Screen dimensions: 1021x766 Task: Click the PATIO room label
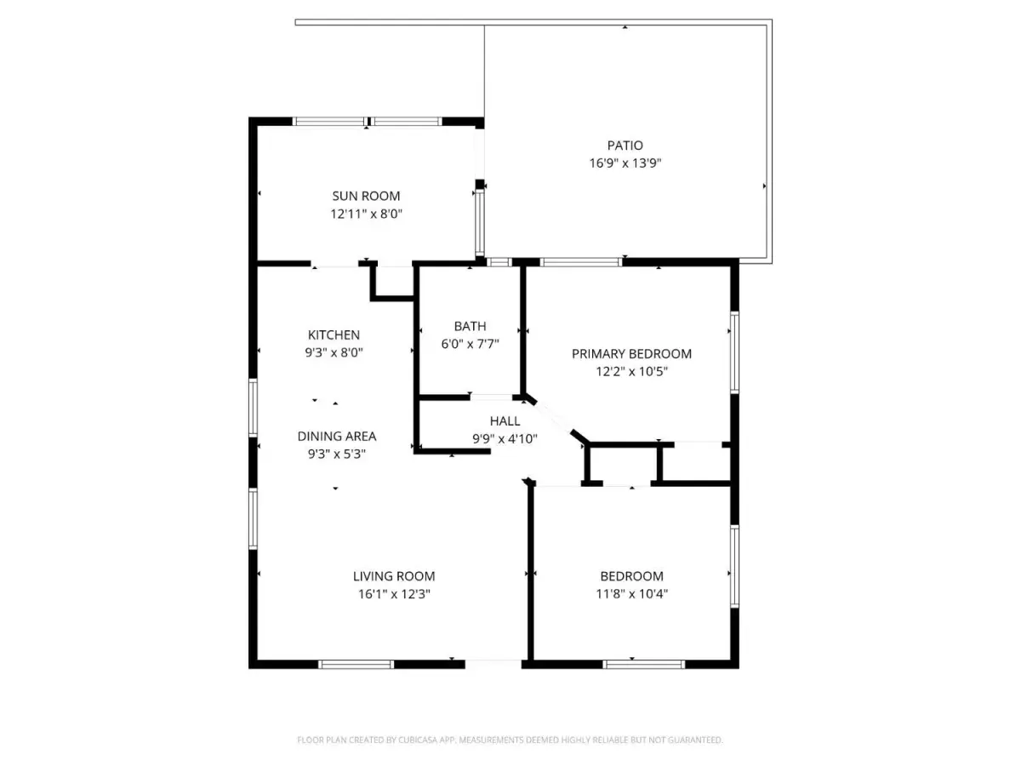click(x=625, y=146)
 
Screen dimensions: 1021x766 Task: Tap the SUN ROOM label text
click(x=366, y=196)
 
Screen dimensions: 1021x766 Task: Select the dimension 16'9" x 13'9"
click(x=625, y=163)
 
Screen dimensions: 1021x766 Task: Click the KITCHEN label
click(x=334, y=334)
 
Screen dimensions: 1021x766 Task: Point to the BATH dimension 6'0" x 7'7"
click(x=470, y=344)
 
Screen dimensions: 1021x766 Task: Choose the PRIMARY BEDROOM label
click(x=631, y=353)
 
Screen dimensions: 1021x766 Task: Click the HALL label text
click(x=505, y=421)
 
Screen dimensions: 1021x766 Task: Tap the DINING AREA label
click(x=336, y=436)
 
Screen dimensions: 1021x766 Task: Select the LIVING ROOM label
click(x=394, y=576)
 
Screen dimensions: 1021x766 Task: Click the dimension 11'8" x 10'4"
click(x=631, y=593)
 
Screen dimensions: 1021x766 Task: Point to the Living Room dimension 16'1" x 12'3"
click(x=394, y=594)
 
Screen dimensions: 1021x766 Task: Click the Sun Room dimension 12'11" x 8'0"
click(x=366, y=214)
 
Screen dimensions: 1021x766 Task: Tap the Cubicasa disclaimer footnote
click(x=510, y=740)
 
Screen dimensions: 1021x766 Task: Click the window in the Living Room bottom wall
click(x=356, y=664)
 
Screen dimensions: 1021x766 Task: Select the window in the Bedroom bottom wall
click(x=644, y=664)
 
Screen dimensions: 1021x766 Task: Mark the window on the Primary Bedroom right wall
click(x=734, y=352)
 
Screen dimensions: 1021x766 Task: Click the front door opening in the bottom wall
click(x=493, y=663)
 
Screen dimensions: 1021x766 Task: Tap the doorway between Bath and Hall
click(x=491, y=397)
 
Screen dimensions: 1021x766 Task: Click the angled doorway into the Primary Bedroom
click(x=552, y=417)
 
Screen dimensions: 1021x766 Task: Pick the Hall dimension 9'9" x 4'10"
click(x=505, y=438)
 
